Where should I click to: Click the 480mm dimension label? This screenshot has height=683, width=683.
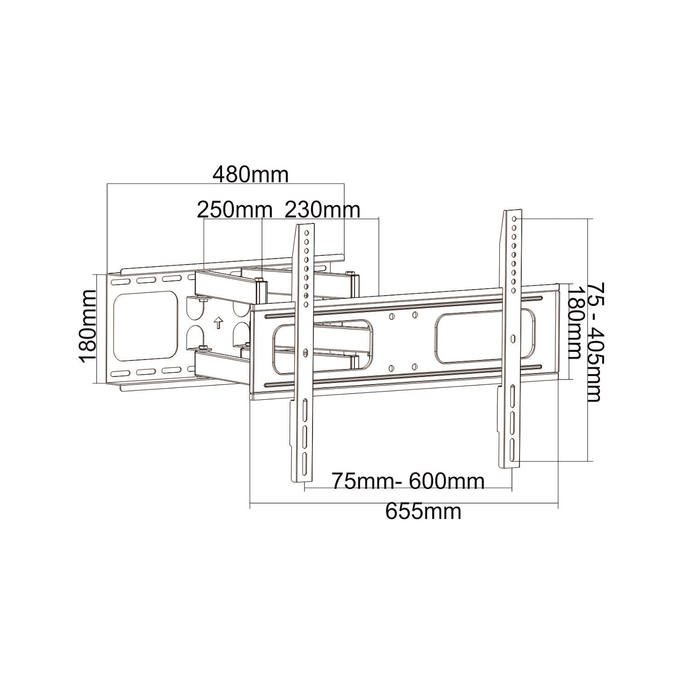point(250,175)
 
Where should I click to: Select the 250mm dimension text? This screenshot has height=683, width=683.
point(235,210)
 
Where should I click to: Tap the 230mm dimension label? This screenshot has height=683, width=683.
point(322,210)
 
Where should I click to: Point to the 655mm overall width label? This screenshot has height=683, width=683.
point(423,512)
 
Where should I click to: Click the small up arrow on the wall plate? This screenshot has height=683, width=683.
point(219,322)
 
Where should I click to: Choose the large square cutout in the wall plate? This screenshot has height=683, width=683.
point(146,326)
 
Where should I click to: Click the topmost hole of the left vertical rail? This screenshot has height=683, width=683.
point(307,233)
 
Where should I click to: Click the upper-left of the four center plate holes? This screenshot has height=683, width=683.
point(391,316)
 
